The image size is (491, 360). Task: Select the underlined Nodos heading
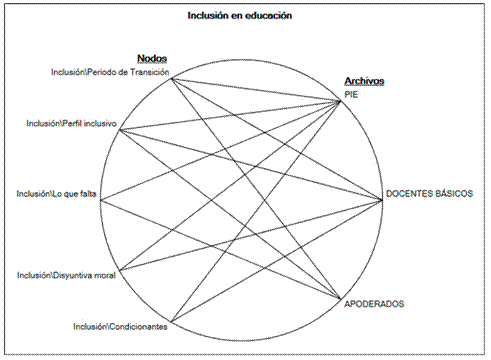coord(152,59)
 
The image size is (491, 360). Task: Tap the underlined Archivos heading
coord(364,81)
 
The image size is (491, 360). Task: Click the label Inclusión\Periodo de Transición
coord(110,72)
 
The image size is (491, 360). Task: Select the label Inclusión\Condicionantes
coord(120,327)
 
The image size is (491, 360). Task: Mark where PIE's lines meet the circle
coord(340,99)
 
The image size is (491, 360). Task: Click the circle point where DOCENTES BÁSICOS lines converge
coord(382,199)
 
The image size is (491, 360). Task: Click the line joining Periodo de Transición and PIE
coord(256,88)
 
